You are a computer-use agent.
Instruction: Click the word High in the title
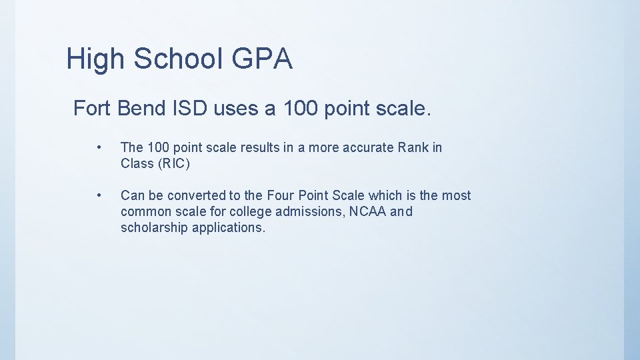pos(96,59)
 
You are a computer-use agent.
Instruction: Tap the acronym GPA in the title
pos(262,59)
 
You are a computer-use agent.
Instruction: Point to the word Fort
pos(91,107)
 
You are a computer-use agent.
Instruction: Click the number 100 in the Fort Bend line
pos(299,107)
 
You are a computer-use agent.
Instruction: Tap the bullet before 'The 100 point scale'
pos(98,147)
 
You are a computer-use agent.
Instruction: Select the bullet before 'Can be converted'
pos(98,195)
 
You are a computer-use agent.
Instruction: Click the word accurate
pos(369,147)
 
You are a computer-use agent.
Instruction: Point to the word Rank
pos(412,147)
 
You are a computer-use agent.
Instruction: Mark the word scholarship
pos(154,227)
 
